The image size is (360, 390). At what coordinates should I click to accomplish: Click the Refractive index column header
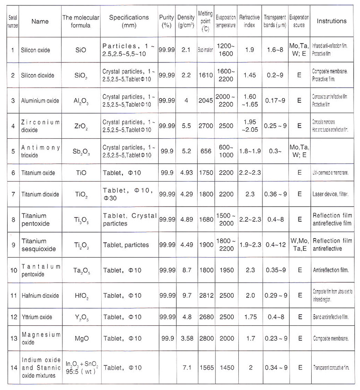click(250, 21)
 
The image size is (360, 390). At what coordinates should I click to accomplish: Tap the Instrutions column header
click(331, 21)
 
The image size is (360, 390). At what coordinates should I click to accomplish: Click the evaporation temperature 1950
click(226, 270)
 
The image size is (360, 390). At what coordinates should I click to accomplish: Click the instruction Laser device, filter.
click(329, 194)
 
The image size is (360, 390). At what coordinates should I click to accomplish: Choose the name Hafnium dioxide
click(42, 296)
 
